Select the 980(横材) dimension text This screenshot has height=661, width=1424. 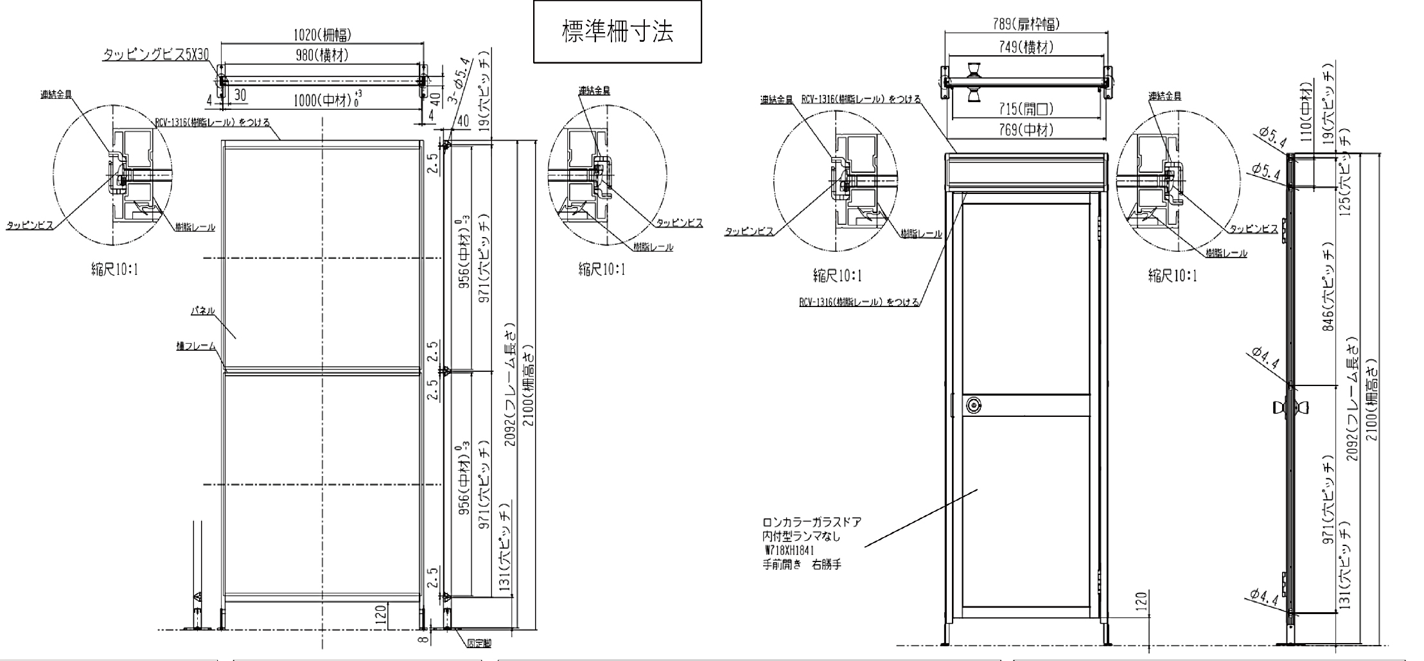[x=322, y=56]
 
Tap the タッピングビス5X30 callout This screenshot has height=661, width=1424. [x=156, y=55]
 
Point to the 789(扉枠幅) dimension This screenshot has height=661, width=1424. [x=1026, y=24]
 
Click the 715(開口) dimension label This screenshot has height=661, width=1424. [x=1026, y=110]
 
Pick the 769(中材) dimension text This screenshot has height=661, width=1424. [x=1026, y=130]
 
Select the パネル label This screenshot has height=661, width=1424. [x=202, y=311]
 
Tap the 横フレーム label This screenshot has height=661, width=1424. [x=196, y=346]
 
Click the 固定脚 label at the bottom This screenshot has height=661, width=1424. [x=479, y=642]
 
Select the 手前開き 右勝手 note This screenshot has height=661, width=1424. [x=802, y=565]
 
